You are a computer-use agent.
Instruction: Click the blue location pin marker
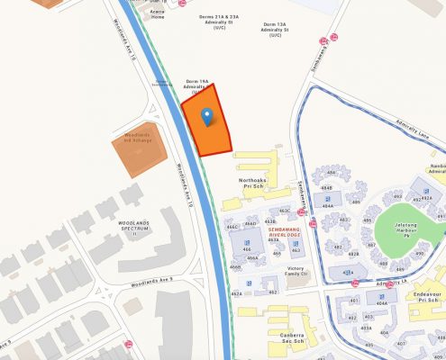tap(207, 117)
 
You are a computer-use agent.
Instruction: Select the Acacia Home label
tap(158, 13)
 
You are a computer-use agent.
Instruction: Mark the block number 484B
tap(325, 188)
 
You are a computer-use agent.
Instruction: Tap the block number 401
tap(353, 300)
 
